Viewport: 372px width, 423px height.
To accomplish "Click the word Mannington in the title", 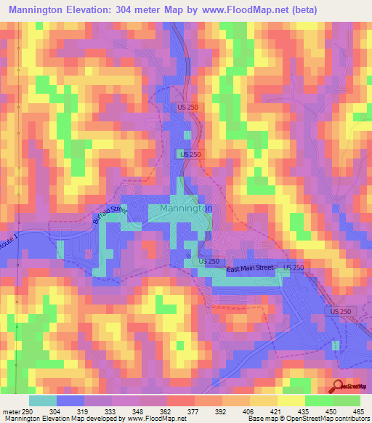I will [x=45, y=9].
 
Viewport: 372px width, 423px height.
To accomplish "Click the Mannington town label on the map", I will [x=182, y=208].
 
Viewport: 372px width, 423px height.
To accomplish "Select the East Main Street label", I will [x=249, y=268].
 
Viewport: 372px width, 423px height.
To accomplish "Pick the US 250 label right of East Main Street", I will [x=294, y=268].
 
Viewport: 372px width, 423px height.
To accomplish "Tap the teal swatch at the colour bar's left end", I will [x=42, y=400].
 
